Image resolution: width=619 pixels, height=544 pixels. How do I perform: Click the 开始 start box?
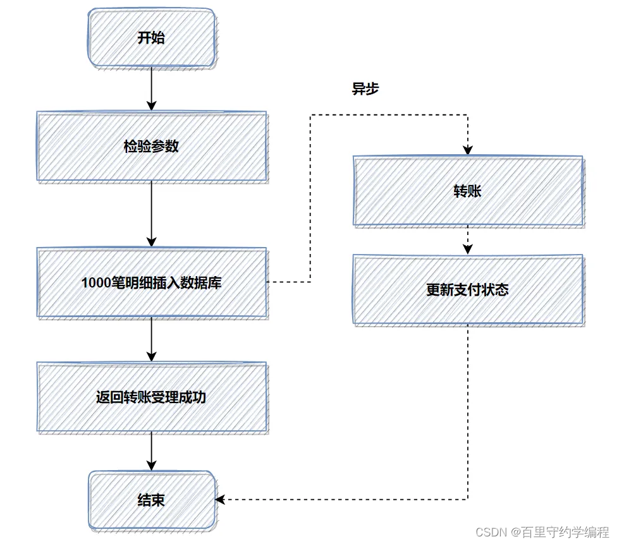[151, 38]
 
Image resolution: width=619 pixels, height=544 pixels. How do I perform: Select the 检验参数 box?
[151, 147]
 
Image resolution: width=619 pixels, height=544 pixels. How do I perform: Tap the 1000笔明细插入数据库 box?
[151, 282]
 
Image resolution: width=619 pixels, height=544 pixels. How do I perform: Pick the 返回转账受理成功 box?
[151, 397]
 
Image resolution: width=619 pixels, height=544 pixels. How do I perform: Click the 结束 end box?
[151, 500]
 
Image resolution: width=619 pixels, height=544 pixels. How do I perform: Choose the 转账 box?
[467, 191]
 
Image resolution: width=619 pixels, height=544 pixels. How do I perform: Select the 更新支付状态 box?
[467, 290]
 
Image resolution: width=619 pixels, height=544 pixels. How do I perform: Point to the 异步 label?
[365, 89]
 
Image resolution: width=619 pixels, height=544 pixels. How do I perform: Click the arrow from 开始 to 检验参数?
[151, 88]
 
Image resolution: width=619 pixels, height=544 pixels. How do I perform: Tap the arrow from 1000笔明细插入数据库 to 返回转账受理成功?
[151, 339]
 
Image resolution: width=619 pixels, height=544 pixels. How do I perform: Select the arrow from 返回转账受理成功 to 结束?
[151, 451]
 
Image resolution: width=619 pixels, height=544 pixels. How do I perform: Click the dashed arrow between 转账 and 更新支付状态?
[467, 241]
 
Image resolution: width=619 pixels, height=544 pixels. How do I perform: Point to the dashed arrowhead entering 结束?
[220, 499]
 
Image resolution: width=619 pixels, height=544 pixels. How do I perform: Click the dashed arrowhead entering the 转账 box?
[467, 150]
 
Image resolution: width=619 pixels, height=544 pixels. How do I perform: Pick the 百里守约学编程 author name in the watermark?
[565, 532]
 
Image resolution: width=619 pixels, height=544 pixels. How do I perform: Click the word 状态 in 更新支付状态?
[495, 290]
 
